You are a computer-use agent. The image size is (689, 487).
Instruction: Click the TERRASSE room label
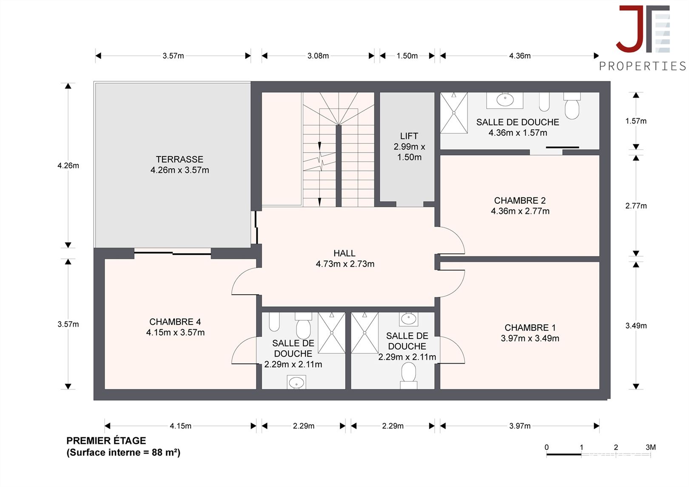coord(179,159)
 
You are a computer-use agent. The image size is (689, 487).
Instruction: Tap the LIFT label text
coord(409,136)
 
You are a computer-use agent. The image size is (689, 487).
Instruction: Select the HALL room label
coord(344,253)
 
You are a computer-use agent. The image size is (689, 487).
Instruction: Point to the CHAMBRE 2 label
coord(520,201)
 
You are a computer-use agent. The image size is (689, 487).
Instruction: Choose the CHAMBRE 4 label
coord(175,322)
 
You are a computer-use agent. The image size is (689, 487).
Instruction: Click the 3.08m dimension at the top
coord(318,56)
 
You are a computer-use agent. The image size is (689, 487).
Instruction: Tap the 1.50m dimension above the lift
coord(407,56)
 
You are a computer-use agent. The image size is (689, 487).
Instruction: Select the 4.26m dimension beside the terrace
coord(68,165)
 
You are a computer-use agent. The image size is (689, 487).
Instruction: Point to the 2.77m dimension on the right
coord(636,206)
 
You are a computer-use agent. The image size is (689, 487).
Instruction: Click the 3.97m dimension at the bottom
coord(520,426)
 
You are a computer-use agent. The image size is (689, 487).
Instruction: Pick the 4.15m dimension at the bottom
coord(181,426)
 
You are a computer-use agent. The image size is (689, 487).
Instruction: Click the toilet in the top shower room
coord(572,105)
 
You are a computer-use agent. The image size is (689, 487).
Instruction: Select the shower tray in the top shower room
coord(454,113)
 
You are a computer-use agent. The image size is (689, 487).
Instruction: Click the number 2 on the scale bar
coord(616,447)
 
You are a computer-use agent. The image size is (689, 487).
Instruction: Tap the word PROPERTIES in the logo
coord(642,66)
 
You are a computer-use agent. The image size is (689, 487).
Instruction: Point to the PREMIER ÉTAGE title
coord(106,441)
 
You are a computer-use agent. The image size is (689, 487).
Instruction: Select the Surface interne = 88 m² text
coord(123,453)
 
